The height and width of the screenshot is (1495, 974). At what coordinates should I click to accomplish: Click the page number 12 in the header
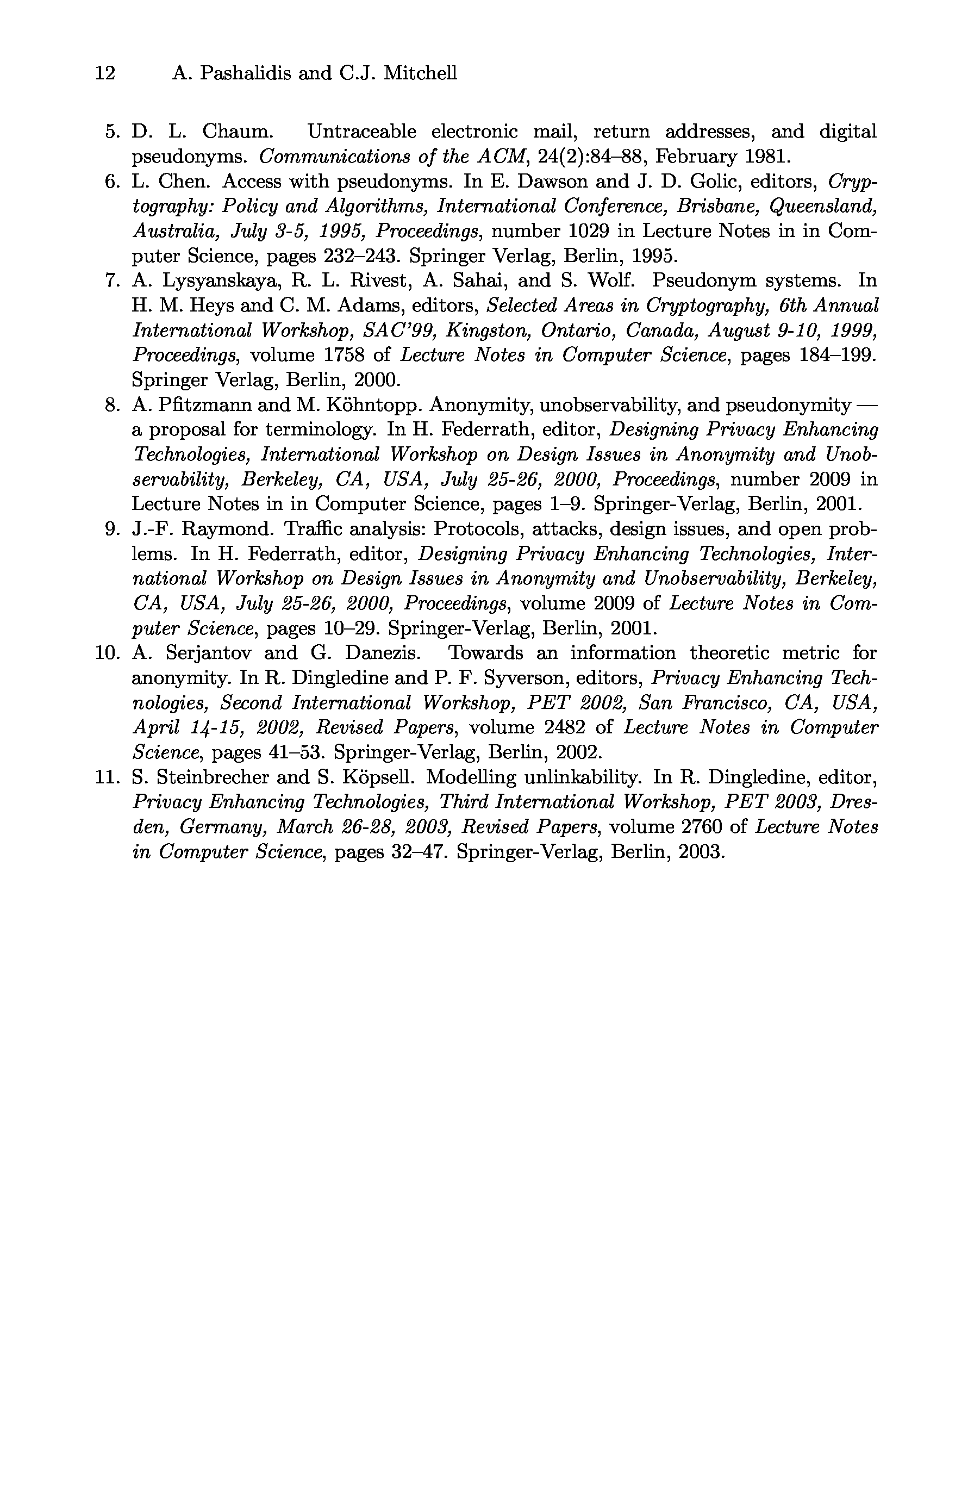click(105, 73)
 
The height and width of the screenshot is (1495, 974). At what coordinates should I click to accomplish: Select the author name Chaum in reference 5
click(237, 132)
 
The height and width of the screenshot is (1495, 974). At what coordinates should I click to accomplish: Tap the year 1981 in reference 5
click(767, 157)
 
